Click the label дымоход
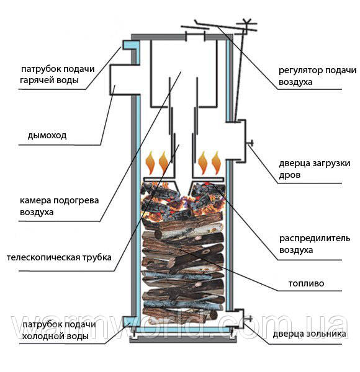point(47,136)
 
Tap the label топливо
point(306,283)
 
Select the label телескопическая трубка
point(59,257)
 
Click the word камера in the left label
point(35,200)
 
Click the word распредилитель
point(315,239)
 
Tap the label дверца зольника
point(310,334)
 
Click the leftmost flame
point(150,162)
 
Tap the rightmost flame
point(216,162)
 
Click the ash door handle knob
point(250,318)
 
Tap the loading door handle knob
point(250,143)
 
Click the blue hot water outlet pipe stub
point(130,45)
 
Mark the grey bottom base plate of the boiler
point(183,340)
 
